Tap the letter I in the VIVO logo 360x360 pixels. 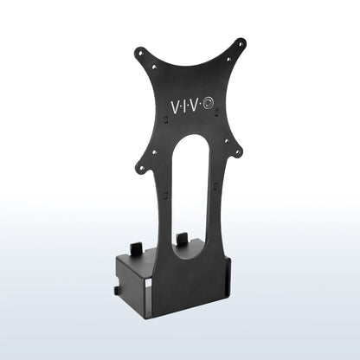(188, 108)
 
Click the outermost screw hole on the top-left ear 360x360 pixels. (139, 52)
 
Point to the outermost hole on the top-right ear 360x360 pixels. (241, 42)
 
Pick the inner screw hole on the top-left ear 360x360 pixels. (157, 63)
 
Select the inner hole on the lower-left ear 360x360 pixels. (157, 152)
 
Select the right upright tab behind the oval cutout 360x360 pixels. (182, 238)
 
